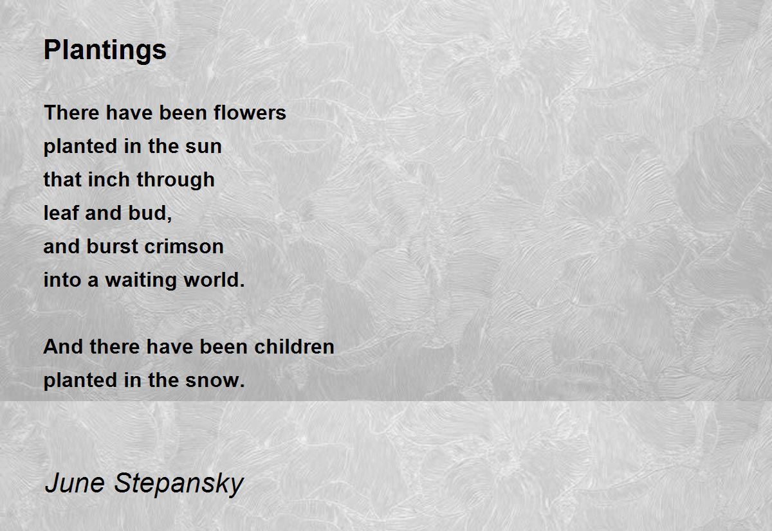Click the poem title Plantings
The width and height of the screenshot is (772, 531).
(105, 51)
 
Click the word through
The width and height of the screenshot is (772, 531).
(176, 180)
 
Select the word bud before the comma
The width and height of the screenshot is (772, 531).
(147, 213)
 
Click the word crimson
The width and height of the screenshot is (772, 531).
(184, 247)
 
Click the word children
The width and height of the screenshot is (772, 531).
(295, 346)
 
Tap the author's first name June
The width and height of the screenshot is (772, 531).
(75, 483)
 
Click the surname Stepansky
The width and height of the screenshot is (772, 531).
(179, 485)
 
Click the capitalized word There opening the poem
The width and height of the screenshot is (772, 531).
(72, 113)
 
